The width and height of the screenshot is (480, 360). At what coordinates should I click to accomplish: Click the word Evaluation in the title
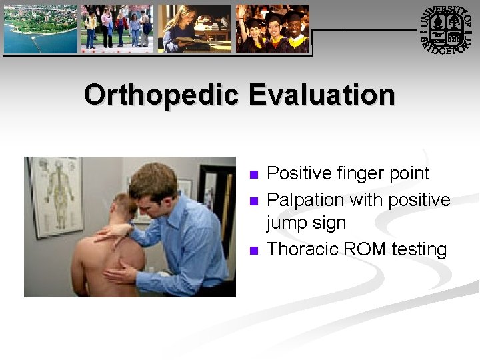322,95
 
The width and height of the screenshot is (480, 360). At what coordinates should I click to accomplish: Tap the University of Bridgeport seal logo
445,31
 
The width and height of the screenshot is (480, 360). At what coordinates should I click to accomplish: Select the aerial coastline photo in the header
40,29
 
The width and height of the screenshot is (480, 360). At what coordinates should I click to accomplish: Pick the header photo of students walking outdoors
117,29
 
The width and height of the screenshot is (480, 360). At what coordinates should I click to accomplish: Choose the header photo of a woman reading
195,29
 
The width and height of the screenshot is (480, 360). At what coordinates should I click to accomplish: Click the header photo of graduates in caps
273,29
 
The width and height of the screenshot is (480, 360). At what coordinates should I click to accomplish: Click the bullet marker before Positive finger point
252,175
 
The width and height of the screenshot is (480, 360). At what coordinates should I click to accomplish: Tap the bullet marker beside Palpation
252,201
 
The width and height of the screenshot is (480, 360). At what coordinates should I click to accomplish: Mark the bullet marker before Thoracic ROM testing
252,251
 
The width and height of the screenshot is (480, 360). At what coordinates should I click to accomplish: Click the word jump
287,223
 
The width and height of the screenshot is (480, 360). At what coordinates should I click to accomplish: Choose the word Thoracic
303,249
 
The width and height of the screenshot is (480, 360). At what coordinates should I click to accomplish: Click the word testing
419,250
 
